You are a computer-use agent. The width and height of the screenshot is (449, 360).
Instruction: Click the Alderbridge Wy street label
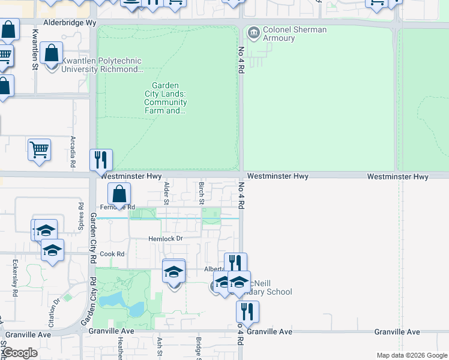click(65, 22)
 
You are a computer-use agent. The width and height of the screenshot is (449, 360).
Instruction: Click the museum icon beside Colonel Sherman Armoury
click(253, 31)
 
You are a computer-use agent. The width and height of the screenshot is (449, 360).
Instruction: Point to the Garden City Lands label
click(165, 98)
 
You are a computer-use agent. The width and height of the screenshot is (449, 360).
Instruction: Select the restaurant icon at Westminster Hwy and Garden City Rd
click(101, 159)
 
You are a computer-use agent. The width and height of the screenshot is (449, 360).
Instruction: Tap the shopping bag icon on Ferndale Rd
click(119, 193)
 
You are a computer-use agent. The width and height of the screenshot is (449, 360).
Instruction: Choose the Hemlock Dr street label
click(165, 239)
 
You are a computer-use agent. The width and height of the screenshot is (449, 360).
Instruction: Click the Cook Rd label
click(112, 254)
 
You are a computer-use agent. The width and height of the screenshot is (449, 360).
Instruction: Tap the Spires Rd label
click(80, 212)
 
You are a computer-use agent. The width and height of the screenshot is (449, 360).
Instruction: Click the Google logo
click(20, 353)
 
